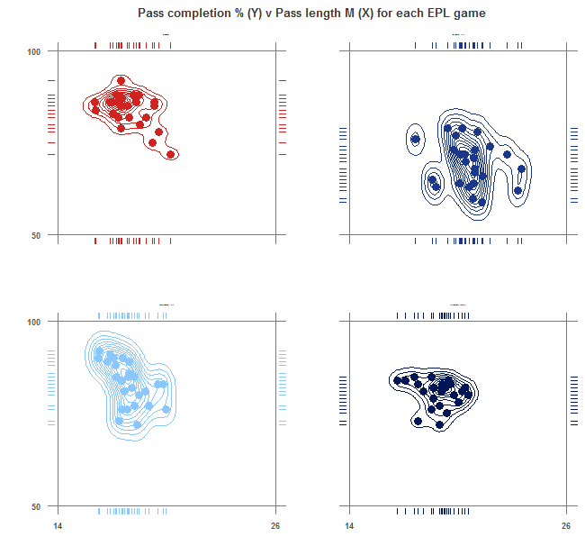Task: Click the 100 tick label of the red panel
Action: [34, 51]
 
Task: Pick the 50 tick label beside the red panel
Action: [37, 236]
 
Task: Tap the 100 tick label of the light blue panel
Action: [34, 321]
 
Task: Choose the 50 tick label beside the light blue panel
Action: [37, 505]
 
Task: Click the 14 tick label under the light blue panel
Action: [57, 526]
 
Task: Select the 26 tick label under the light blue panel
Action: [275, 526]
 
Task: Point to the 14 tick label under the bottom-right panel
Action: [349, 526]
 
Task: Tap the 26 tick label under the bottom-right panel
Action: [566, 526]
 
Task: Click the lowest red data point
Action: [170, 154]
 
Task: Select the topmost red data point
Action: [121, 81]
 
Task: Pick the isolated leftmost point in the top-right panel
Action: [416, 139]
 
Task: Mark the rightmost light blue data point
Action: [166, 410]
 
